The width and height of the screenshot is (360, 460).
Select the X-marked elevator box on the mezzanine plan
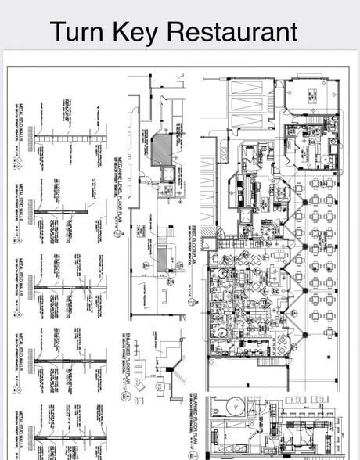pyautogui.click(x=166, y=173)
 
